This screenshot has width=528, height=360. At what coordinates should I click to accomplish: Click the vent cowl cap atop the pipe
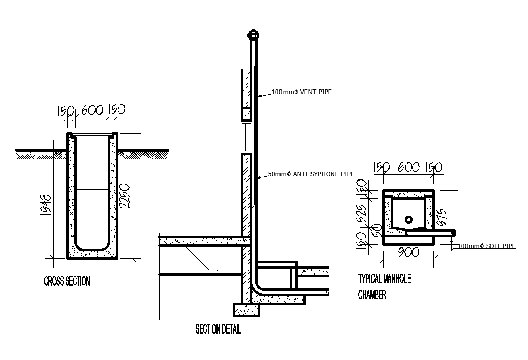[x=254, y=35]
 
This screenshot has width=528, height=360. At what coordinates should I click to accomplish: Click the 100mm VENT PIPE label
[x=302, y=92]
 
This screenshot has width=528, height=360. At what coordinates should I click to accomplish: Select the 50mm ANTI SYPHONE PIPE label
[x=311, y=174]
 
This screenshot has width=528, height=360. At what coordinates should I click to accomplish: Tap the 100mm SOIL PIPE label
[x=486, y=246]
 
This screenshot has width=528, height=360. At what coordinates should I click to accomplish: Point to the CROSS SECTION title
[x=67, y=281]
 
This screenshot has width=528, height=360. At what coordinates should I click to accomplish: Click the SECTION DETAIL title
[x=218, y=329]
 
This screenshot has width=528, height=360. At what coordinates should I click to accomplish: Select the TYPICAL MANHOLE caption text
[x=385, y=279]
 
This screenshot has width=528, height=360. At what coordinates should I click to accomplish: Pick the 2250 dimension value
[x=125, y=196]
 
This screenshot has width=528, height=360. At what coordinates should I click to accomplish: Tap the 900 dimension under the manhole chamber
[x=409, y=252]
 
